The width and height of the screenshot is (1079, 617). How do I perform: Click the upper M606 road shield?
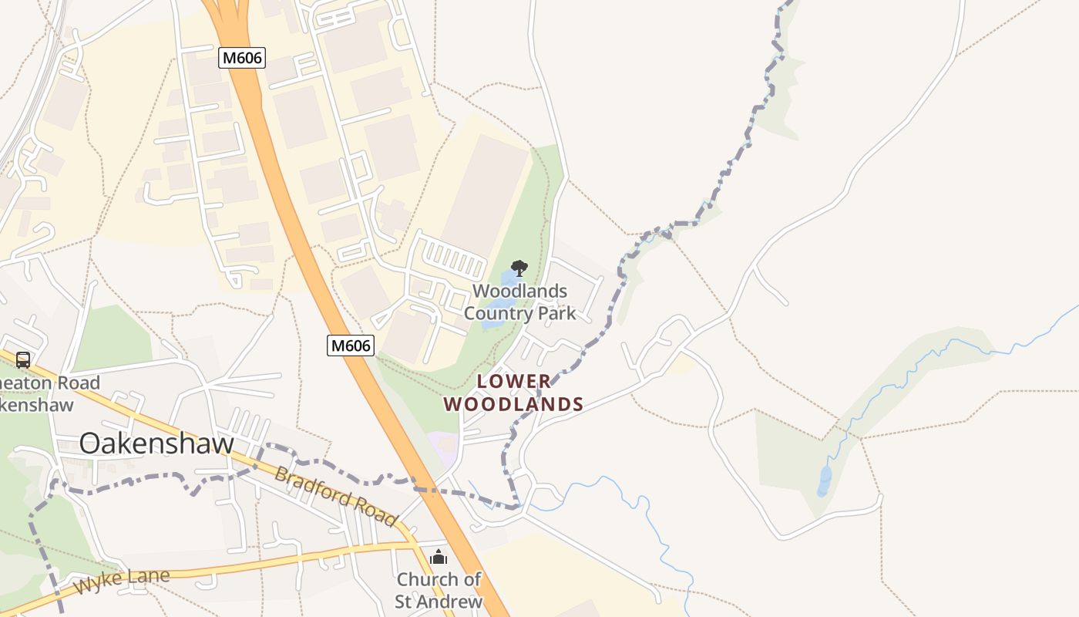click(241, 57)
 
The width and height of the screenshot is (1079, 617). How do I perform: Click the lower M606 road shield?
click(351, 346)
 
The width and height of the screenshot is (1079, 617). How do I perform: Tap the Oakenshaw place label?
click(156, 443)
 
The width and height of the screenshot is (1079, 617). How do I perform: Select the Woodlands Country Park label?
click(519, 302)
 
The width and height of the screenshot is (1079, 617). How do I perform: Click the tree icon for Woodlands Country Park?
click(519, 268)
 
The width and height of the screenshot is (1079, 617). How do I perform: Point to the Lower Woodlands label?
click(513, 393)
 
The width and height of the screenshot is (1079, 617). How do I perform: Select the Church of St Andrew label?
click(439, 591)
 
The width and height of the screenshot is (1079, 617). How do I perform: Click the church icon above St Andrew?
click(439, 557)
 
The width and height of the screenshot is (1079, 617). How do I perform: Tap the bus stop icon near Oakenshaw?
click(23, 359)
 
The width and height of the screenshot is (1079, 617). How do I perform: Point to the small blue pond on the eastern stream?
click(825, 480)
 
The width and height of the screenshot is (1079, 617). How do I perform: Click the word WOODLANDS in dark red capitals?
click(513, 404)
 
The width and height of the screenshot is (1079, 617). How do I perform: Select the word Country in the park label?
click(492, 313)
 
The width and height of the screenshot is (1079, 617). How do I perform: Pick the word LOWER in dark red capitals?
click(514, 381)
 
